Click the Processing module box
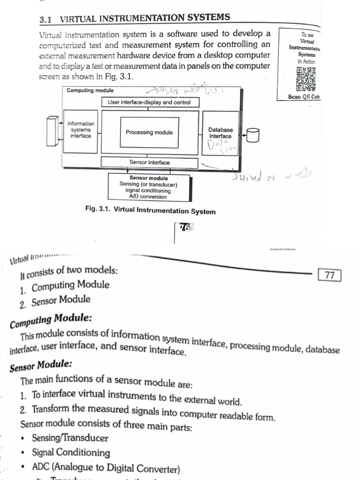point(149,132)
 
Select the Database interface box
point(220,133)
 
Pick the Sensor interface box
point(150,162)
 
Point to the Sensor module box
point(149,187)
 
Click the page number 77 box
point(330,275)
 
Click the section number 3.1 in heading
point(45,20)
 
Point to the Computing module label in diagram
point(90,90)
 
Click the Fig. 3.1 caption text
point(150,211)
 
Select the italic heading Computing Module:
point(51,321)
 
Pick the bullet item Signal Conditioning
point(71,453)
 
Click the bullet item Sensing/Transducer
point(70,438)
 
